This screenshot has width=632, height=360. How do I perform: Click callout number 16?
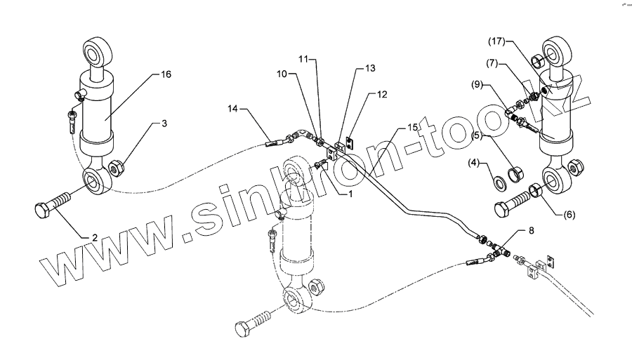coord(166,74)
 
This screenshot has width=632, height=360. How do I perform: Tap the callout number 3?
coord(164,124)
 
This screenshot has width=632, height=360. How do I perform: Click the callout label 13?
coord(369,69)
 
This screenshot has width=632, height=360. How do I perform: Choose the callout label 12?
coord(382,94)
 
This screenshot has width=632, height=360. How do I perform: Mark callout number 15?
coord(412,127)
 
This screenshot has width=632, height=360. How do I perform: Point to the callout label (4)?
coord(474,164)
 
